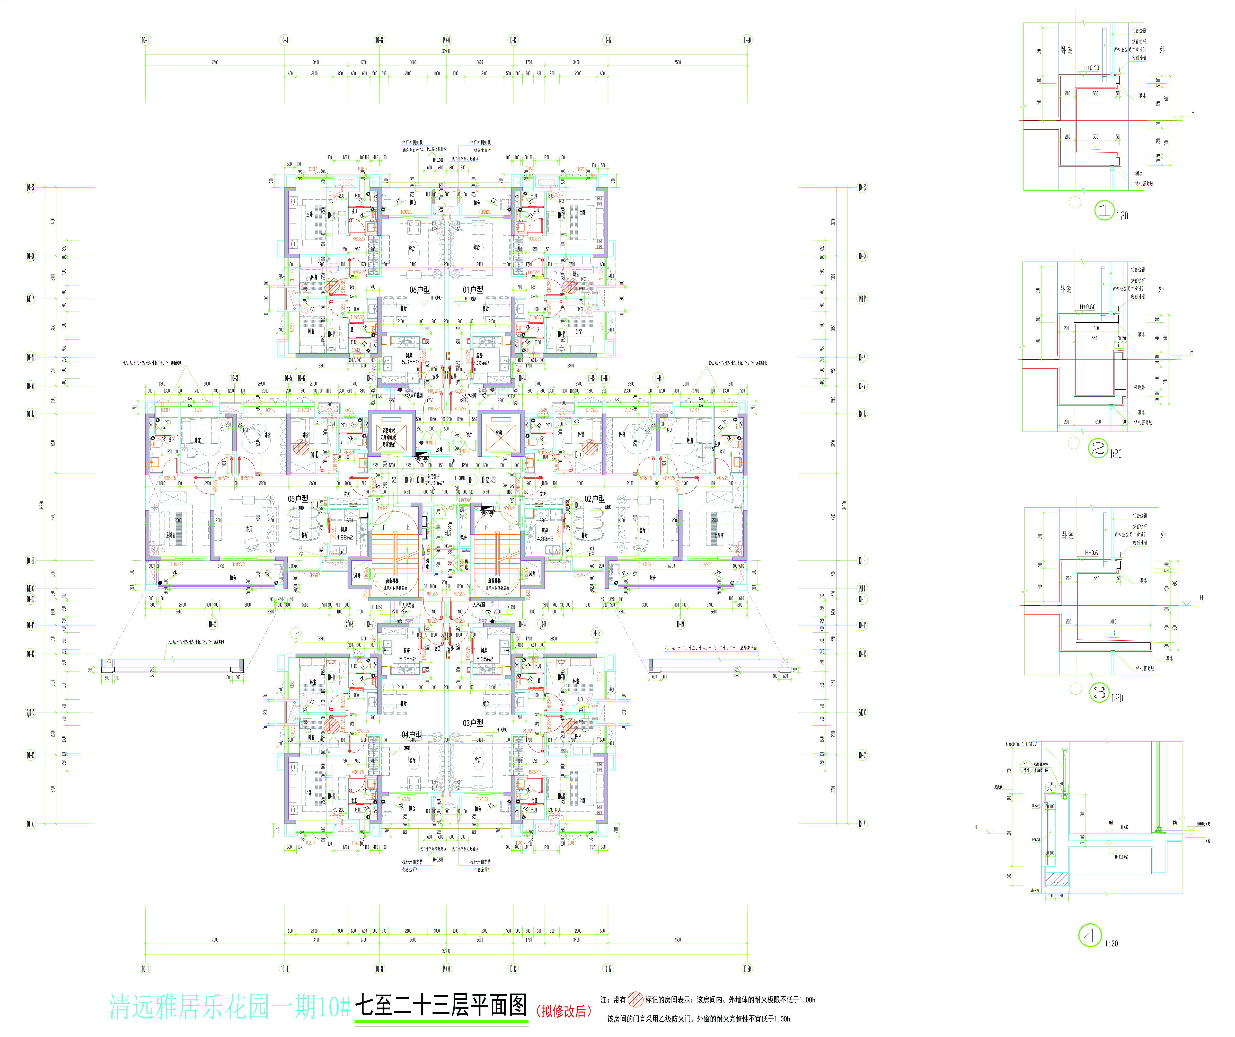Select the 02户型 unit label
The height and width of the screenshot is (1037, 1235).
594,498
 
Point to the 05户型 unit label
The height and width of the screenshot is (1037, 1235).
298,498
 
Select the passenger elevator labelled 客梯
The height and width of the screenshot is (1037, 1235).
499,433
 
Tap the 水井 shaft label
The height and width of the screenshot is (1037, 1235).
439,450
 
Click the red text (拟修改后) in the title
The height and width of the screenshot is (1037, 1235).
563,1011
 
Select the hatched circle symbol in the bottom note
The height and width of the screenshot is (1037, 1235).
635,999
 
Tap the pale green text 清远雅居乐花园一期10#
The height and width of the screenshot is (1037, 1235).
229,1007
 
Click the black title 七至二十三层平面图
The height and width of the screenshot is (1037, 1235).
441,1006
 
